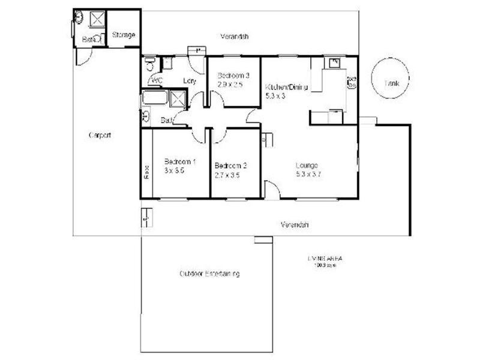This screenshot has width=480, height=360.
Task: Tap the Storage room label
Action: coord(123,35)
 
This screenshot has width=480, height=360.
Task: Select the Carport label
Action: coord(100,135)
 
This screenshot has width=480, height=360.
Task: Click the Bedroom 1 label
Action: coord(180,161)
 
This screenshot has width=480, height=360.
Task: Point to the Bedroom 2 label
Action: coord(230,166)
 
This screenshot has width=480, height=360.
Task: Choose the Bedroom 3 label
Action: coord(233,76)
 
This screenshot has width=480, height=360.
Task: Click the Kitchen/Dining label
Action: coord(286,87)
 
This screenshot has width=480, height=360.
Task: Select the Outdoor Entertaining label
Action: coord(209,274)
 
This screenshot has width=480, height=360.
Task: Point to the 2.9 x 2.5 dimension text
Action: coord(230,85)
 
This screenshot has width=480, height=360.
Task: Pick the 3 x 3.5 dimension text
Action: coord(173,170)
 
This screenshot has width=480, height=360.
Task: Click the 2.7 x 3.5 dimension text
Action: coord(227,175)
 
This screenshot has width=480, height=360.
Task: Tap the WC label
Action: coord(158,80)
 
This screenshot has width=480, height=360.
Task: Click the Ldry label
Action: coord(189,80)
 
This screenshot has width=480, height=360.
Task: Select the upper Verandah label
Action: coord(234,37)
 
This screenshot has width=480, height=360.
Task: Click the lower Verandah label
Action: coord(295,225)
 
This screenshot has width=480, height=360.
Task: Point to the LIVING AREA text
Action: coord(325,259)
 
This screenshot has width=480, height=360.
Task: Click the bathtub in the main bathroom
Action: coord(155,98)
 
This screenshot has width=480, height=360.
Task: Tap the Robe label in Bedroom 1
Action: coord(146,172)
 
